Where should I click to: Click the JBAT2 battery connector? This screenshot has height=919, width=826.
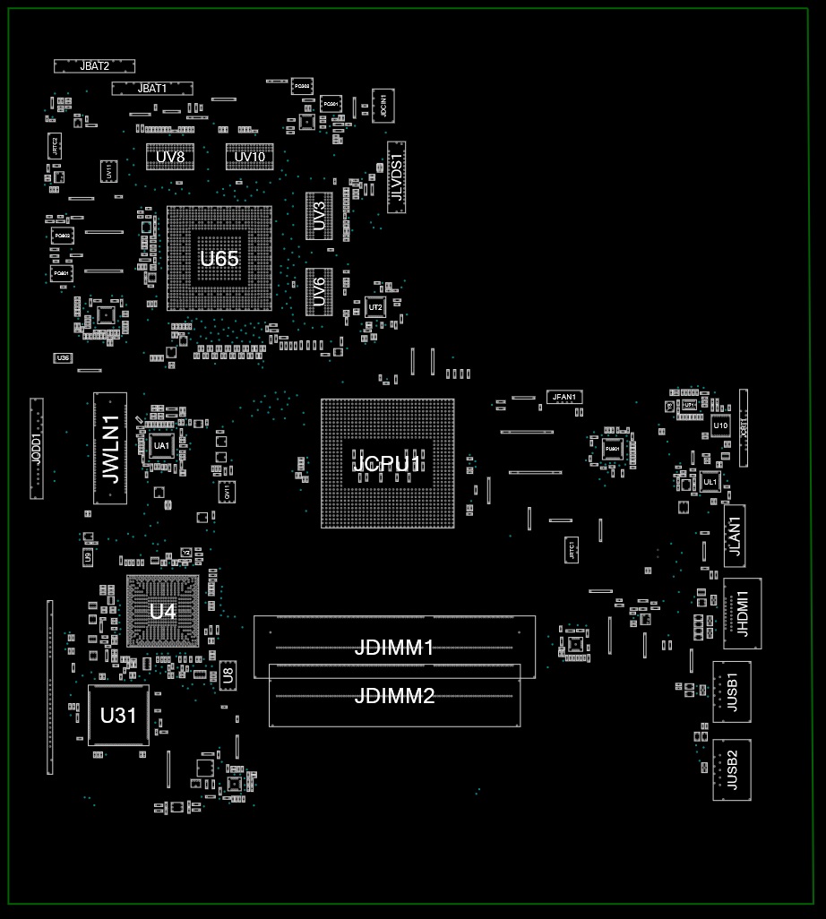94,65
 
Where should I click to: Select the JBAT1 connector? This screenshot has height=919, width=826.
152,88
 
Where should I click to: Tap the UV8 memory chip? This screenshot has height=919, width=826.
170,157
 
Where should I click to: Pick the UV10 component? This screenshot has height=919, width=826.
250,157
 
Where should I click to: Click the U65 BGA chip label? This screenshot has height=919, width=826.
219,259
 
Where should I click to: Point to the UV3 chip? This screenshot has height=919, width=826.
319,215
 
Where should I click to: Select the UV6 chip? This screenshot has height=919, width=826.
319,291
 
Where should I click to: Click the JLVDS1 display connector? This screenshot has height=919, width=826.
396,176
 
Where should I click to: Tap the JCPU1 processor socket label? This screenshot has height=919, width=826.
387,464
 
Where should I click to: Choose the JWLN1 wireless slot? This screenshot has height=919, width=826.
110,450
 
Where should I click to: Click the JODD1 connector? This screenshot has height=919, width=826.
37,448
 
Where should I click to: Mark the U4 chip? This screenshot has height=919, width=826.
162,612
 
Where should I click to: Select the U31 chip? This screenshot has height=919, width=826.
118,716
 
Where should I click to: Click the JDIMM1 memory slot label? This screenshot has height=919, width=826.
394,647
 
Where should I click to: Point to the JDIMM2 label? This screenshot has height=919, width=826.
394,695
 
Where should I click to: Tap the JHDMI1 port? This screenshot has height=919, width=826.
742,614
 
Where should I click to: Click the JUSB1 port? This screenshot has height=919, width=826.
732,691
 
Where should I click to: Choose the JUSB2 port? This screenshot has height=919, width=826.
732,769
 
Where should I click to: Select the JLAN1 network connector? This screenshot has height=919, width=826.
735,536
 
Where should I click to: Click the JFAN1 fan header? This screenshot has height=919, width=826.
565,396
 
